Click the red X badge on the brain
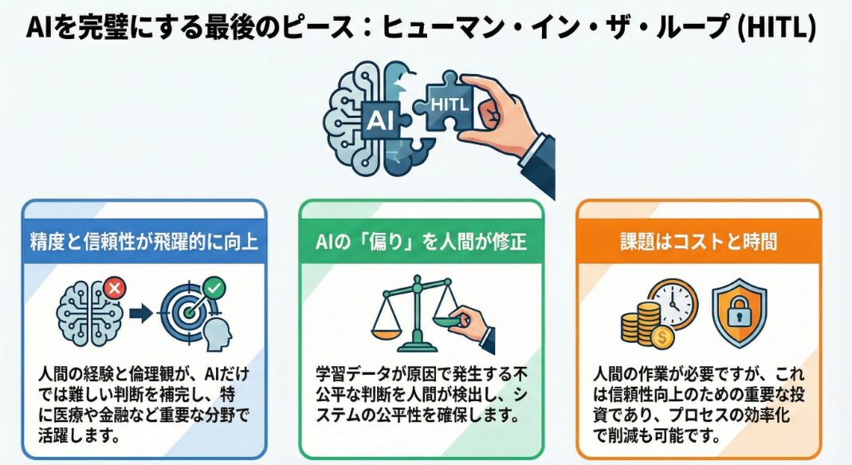tap(113, 288)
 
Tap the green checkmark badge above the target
tap(215, 285)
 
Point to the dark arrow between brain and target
tap(141, 313)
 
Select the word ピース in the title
tap(330, 28)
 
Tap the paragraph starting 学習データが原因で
tap(421, 394)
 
